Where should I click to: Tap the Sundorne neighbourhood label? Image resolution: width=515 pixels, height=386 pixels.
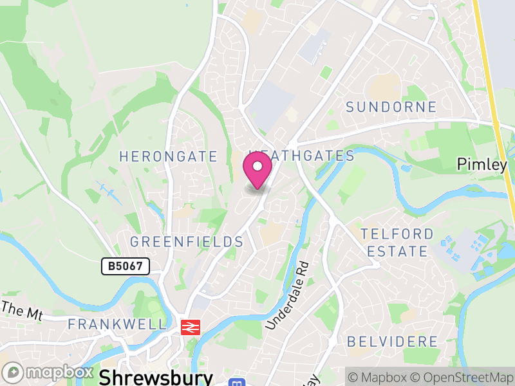pos(391,107)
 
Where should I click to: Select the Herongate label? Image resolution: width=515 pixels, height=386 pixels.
pos(169,156)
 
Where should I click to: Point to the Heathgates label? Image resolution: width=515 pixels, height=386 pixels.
pos(303,156)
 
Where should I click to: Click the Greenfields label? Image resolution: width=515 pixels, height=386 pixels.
pos(187,242)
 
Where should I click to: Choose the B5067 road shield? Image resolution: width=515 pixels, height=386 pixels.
pos(126,265)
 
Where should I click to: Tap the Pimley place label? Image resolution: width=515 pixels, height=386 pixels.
pos(482,165)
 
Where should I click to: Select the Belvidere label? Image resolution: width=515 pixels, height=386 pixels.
pos(392,341)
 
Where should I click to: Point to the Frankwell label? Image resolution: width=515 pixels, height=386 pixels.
pos(117,324)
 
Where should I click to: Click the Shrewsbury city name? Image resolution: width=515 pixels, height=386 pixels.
pos(156,376)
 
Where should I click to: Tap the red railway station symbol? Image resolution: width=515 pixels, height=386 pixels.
pos(189,326)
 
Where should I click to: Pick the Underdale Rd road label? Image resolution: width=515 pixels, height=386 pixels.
pos(288,296)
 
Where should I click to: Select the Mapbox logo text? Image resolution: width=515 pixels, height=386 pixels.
pos(59,372)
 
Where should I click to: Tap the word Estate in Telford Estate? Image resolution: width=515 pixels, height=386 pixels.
pos(403,251)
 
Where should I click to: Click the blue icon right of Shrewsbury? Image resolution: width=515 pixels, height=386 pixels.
pos(236,382)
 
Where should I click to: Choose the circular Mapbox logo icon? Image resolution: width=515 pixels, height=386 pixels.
pos(13,372)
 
